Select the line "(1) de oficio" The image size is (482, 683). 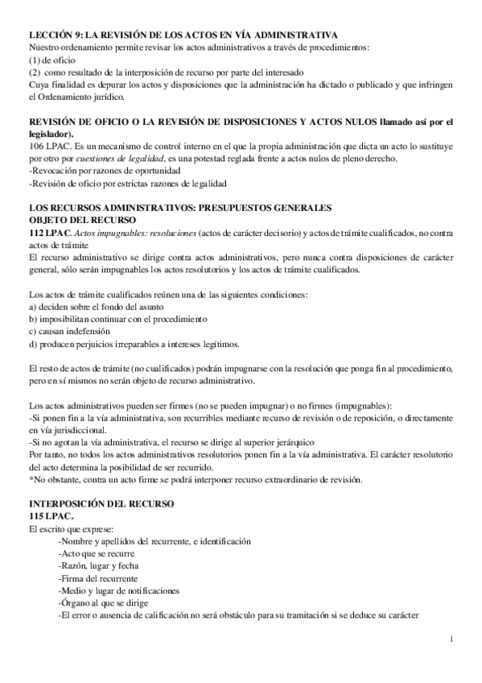tap(51, 60)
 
